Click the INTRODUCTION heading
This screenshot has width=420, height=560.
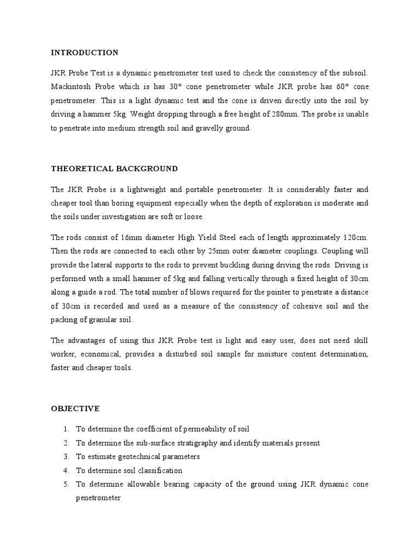point(84,53)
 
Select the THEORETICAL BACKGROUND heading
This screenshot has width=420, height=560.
point(114,168)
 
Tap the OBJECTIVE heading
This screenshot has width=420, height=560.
point(75,409)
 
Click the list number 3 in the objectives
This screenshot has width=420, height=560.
point(65,456)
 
